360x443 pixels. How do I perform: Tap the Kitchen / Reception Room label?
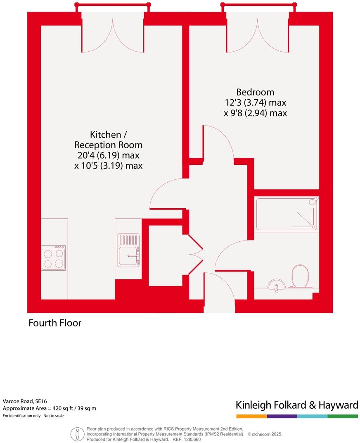pos(108,140)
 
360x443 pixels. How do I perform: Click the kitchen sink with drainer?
pos(128,250)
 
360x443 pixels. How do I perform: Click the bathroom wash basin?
pos(275,285)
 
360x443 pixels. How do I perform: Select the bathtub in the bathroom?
pos(287,213)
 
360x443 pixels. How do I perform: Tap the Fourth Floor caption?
pos(55,323)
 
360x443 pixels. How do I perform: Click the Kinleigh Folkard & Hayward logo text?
pos(296,405)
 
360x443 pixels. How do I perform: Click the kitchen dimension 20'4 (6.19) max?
pos(108,156)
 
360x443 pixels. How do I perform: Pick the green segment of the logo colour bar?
pos(343,416)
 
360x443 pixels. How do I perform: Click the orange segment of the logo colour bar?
pos(251,416)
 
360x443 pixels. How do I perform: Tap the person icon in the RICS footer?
pos(77,434)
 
